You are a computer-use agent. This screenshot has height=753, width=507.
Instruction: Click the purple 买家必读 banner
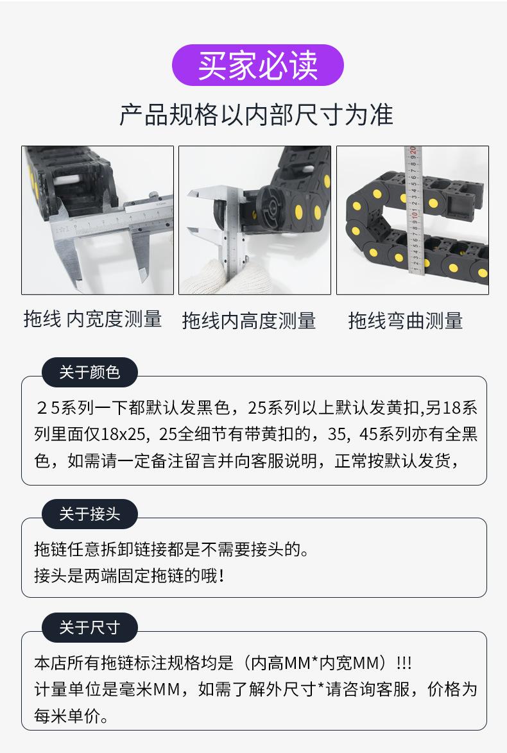[258, 65]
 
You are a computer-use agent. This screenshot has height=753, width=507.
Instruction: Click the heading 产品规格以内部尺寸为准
[256, 115]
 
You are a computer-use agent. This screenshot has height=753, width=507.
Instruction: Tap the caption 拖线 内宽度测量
[93, 319]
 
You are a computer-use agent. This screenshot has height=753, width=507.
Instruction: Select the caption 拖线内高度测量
[249, 320]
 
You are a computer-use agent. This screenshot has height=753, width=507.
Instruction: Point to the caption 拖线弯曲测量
[406, 320]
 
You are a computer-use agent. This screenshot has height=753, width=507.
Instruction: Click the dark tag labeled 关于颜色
[89, 372]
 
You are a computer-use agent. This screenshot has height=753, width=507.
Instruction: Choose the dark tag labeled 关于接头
[89, 514]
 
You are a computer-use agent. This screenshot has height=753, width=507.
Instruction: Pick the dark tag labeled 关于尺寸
[89, 627]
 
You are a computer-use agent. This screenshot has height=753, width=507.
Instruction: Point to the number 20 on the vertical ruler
[414, 151]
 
